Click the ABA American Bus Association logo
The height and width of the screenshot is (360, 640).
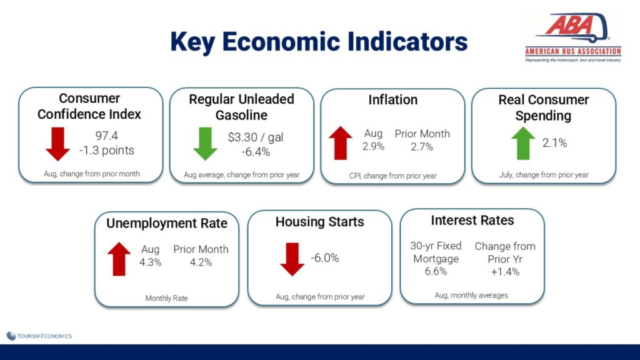pyautogui.click(x=573, y=37)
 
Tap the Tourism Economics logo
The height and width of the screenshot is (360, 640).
pyautogui.click(x=39, y=336)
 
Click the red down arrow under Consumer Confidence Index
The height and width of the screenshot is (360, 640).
pyautogui.click(x=57, y=144)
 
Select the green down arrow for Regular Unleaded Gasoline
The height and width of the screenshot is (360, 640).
pyautogui.click(x=205, y=144)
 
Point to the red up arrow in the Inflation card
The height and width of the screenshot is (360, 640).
pyautogui.click(x=341, y=143)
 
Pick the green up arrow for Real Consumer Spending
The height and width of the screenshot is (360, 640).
pyautogui.click(x=523, y=143)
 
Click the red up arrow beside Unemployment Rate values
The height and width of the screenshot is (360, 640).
pyautogui.click(x=119, y=259)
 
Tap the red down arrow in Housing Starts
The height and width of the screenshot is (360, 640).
pyautogui.click(x=292, y=259)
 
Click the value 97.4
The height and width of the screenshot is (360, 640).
pyautogui.click(x=106, y=136)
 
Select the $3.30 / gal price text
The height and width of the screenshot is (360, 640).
pyautogui.click(x=256, y=137)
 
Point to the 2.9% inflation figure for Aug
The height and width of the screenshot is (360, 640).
pyautogui.click(x=374, y=146)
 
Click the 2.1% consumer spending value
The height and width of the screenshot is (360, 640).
pyautogui.click(x=555, y=143)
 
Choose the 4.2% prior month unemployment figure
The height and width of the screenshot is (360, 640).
pyautogui.click(x=201, y=262)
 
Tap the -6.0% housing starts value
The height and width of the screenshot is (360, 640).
pyautogui.click(x=325, y=258)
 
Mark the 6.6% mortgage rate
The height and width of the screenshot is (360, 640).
pyautogui.click(x=436, y=271)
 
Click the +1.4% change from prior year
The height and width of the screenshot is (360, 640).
pyautogui.click(x=505, y=272)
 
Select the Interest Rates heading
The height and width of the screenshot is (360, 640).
pyautogui.click(x=472, y=221)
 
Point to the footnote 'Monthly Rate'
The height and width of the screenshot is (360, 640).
pyautogui.click(x=166, y=298)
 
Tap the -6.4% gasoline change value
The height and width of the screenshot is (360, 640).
pyautogui.click(x=256, y=152)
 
